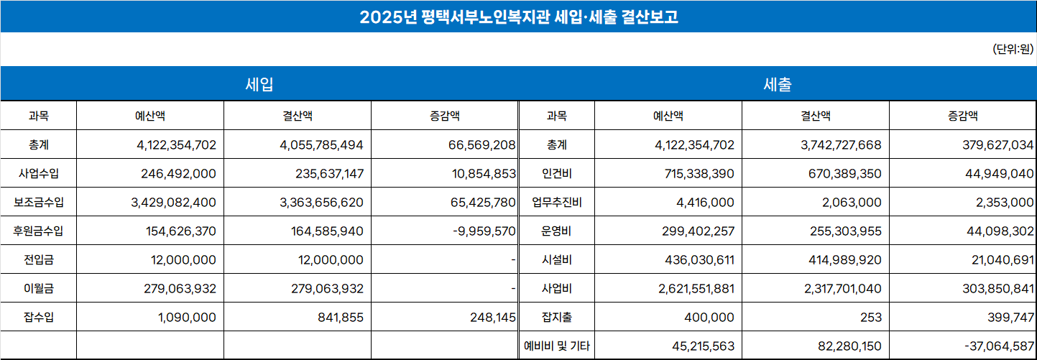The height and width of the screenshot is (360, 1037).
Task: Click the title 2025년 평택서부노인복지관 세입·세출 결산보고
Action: click(518, 17)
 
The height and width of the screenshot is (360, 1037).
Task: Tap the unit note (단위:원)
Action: click(1013, 49)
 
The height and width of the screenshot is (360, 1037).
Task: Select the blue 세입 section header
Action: click(259, 84)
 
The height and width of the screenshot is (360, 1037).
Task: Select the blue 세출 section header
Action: click(777, 84)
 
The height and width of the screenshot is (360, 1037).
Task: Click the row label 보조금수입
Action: click(38, 202)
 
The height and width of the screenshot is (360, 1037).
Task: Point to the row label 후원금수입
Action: click(38, 231)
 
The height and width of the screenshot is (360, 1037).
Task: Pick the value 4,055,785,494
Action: click(321, 144)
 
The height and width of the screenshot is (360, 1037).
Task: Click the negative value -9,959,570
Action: click(484, 231)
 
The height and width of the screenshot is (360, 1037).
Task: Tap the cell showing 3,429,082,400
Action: click(174, 202)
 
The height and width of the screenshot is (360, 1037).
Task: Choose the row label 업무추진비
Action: click(556, 202)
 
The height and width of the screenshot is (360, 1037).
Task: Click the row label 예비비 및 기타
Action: click(556, 346)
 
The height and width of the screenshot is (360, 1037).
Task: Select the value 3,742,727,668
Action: click(840, 144)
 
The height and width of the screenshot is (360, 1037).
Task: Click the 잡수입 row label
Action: click(38, 317)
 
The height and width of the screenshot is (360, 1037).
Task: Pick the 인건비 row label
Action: click(556, 173)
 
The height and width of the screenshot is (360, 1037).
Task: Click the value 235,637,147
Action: click(329, 173)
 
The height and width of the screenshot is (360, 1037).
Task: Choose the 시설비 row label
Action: click(556, 259)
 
